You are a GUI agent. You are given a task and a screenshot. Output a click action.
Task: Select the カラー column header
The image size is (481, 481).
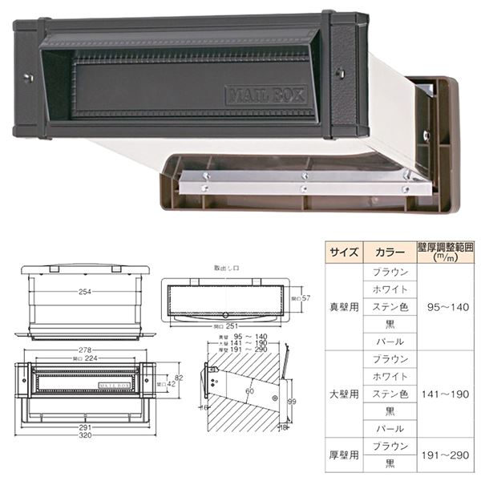pos(390,252)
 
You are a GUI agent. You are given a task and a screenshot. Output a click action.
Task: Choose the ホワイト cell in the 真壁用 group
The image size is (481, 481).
pos(390,289)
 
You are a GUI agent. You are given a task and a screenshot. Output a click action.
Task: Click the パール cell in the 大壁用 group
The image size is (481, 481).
pos(390,429)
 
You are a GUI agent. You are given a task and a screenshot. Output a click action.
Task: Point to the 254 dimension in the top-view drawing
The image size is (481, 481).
pos(83,292)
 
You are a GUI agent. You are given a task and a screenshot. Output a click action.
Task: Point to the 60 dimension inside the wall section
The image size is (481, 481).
pos(250,390)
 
